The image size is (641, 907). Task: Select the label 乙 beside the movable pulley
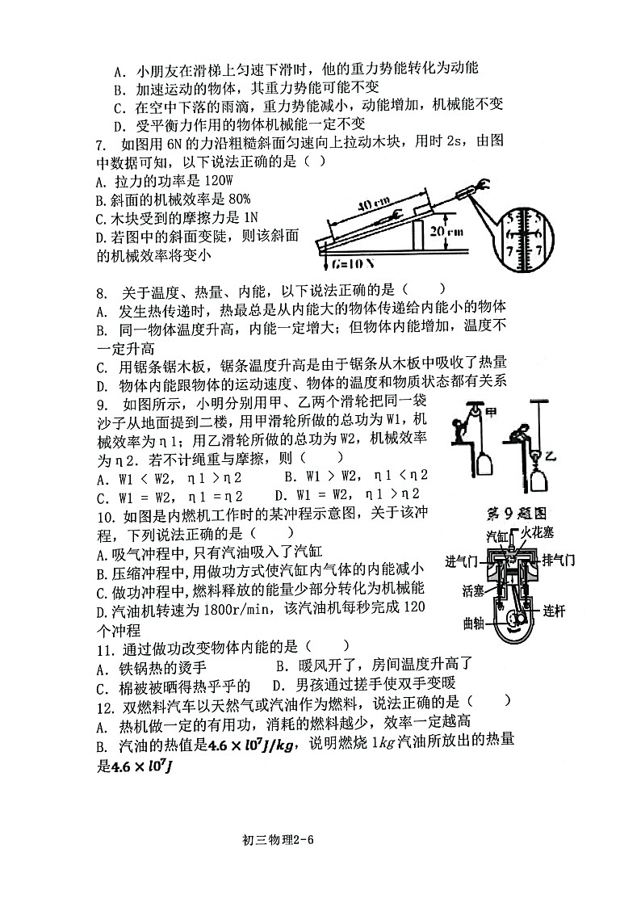(x=550, y=456)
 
